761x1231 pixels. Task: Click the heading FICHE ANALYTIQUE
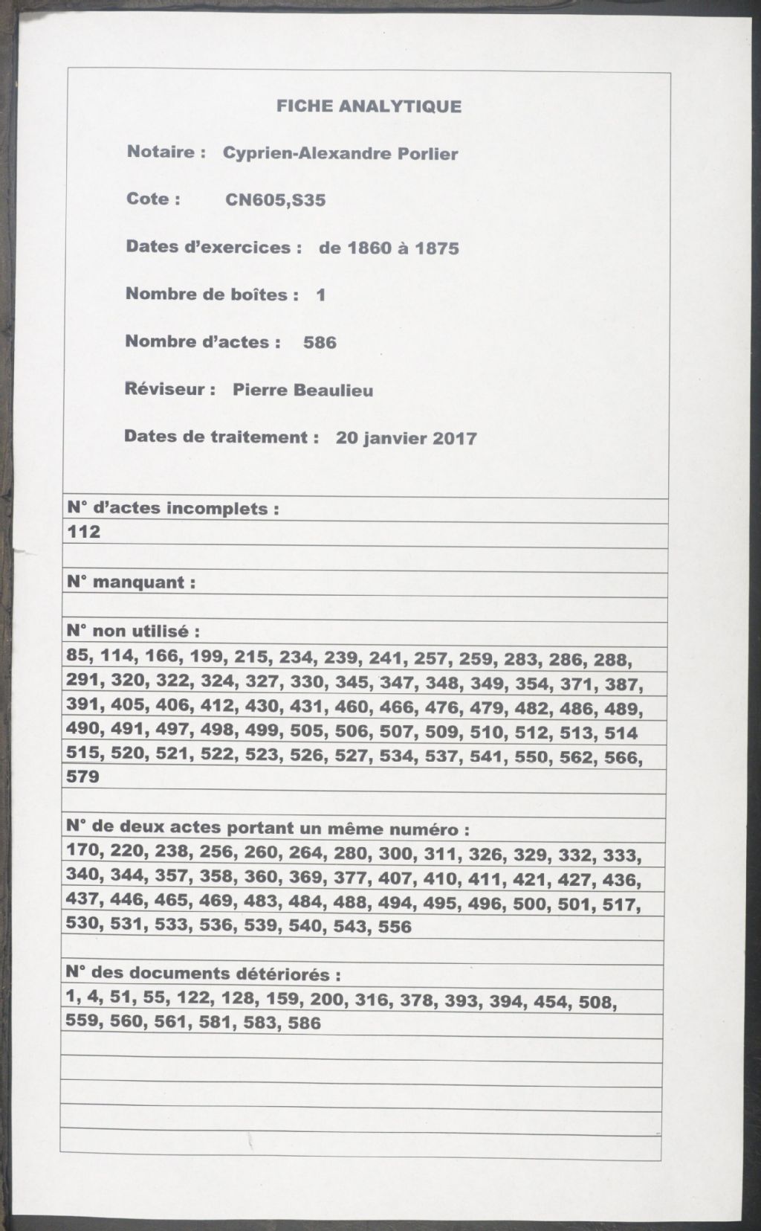(369, 106)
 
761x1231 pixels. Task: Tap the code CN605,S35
(275, 200)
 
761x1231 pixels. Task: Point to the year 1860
(369, 248)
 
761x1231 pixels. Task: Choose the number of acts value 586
(320, 343)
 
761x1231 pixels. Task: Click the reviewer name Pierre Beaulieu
(302, 390)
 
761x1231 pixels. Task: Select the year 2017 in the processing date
(454, 438)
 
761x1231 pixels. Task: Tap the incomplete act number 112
(83, 533)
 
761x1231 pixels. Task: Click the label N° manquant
(131, 582)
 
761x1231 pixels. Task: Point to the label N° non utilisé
(133, 632)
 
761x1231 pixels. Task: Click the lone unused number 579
(82, 777)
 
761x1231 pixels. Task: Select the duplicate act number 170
(82, 850)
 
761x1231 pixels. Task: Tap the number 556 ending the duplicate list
(394, 927)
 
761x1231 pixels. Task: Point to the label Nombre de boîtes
(211, 295)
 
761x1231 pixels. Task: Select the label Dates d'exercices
(213, 247)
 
